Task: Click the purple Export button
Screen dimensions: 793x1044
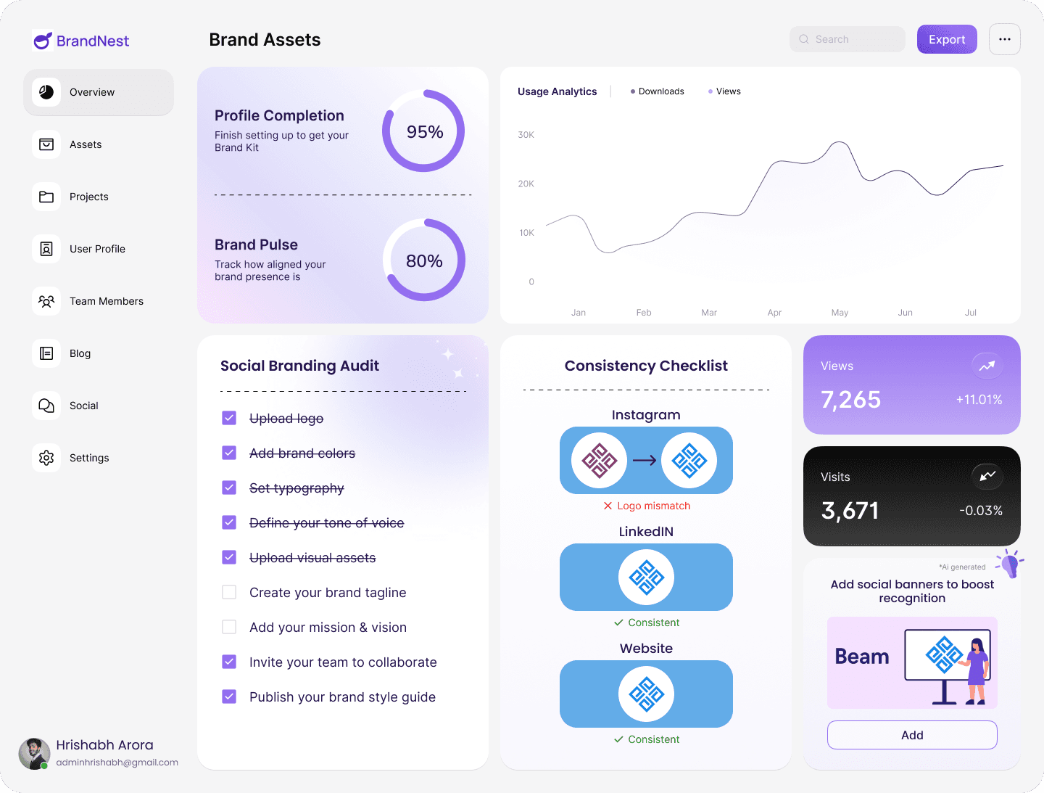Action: pyautogui.click(x=947, y=39)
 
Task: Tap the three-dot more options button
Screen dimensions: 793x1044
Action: pyautogui.click(x=1004, y=39)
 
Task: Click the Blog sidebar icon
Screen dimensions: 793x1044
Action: pyautogui.click(x=46, y=353)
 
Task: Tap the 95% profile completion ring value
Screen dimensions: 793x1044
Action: pyautogui.click(x=424, y=131)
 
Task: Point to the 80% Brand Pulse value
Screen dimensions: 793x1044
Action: pyautogui.click(x=424, y=260)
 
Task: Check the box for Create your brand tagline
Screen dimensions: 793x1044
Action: pyautogui.click(x=229, y=592)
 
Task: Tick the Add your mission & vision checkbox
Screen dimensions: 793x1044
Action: pyautogui.click(x=229, y=627)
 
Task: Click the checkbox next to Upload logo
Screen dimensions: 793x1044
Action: pyautogui.click(x=229, y=418)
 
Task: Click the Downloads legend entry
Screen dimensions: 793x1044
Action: pyautogui.click(x=658, y=91)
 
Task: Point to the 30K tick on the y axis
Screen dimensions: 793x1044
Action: pyautogui.click(x=526, y=135)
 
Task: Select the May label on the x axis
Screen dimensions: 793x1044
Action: pyautogui.click(x=840, y=313)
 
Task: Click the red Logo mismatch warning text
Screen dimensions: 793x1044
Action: pyautogui.click(x=653, y=506)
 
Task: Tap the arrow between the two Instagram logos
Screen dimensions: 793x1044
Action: pyautogui.click(x=645, y=460)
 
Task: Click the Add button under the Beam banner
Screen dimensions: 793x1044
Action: pyautogui.click(x=912, y=735)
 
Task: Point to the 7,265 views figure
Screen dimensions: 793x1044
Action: pyautogui.click(x=850, y=399)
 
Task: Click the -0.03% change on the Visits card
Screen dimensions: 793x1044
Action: pyautogui.click(x=980, y=511)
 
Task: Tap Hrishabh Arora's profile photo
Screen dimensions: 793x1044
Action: pyautogui.click(x=34, y=754)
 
